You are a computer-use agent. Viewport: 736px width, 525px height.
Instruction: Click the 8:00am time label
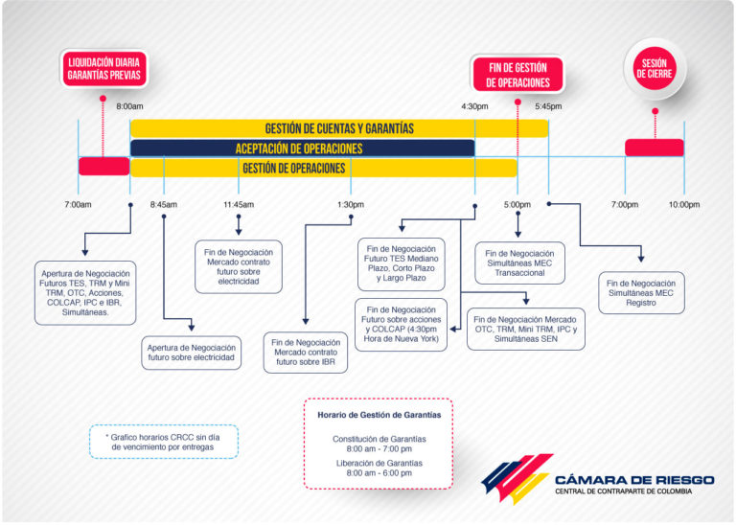click(x=129, y=106)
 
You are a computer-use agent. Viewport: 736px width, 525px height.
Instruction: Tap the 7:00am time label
click(x=78, y=205)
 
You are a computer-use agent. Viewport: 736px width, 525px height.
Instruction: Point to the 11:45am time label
click(x=239, y=205)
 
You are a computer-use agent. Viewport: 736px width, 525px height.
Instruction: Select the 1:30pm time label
click(x=351, y=205)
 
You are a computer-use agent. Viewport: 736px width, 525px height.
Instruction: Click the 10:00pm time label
click(x=684, y=205)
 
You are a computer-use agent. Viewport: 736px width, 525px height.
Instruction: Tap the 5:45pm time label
click(x=548, y=106)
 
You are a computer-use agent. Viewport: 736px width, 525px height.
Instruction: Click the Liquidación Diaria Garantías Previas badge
click(x=103, y=69)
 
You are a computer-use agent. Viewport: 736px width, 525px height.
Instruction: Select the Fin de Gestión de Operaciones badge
click(x=517, y=74)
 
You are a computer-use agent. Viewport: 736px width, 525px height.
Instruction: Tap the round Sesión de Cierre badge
click(x=655, y=68)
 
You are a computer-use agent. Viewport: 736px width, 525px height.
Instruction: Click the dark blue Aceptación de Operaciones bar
click(x=303, y=148)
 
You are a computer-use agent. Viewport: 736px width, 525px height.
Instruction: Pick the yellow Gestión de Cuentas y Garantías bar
click(x=339, y=128)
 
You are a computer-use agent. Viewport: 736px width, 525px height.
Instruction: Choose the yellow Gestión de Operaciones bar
click(x=324, y=168)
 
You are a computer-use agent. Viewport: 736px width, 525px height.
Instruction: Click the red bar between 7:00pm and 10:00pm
click(x=655, y=148)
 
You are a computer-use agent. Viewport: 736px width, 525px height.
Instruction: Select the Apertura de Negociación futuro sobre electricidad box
click(x=191, y=353)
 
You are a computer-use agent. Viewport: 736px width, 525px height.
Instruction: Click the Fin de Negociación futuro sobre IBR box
click(x=306, y=353)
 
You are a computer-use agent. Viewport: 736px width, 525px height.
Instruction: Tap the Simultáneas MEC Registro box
click(x=641, y=293)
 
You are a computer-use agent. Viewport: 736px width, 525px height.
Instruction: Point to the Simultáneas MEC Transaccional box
click(x=519, y=263)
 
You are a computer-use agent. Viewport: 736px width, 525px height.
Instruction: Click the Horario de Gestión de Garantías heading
click(x=379, y=415)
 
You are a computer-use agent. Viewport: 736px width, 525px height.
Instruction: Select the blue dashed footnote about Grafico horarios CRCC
click(x=164, y=442)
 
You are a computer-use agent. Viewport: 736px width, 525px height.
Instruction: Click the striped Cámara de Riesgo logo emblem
click(x=517, y=478)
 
